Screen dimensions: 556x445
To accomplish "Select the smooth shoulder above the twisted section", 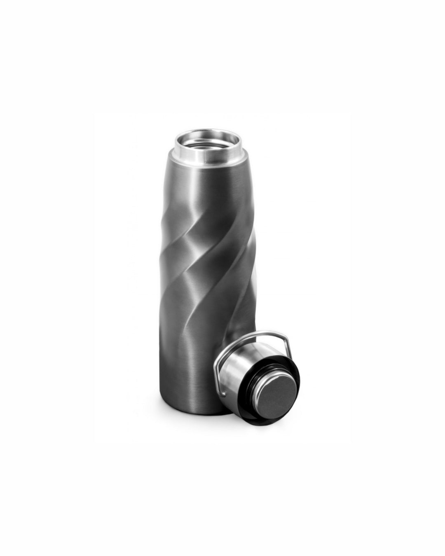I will click(206, 194).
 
